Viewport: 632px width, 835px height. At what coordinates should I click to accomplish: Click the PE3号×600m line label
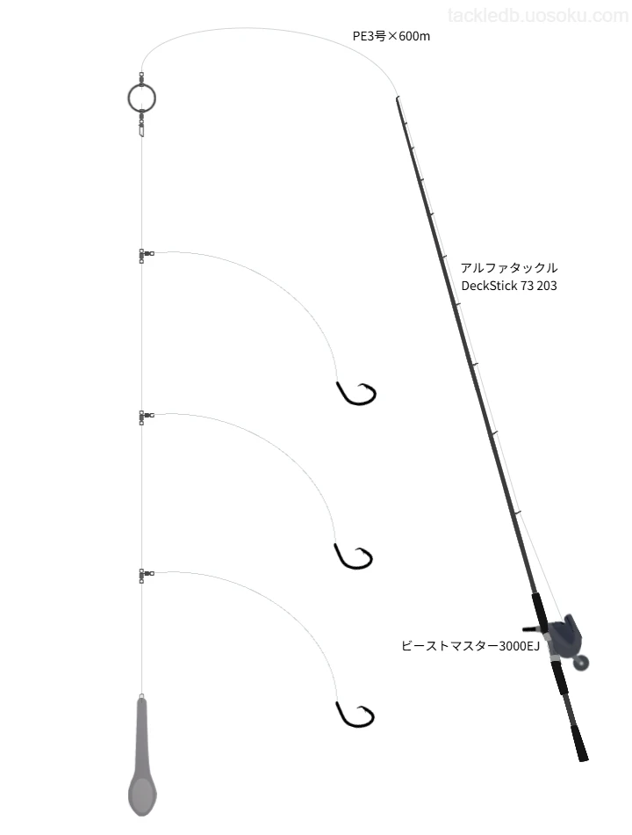point(391,36)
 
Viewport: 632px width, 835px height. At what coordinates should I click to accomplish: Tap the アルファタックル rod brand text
point(509,267)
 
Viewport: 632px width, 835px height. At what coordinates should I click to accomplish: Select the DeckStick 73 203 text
point(509,286)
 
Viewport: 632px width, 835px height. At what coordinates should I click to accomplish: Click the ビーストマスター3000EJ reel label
point(470,646)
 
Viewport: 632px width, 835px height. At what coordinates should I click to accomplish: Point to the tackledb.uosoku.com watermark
point(538,16)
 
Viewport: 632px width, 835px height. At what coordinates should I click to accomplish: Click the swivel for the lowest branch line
point(145,575)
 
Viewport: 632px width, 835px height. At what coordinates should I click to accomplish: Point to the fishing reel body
point(564,635)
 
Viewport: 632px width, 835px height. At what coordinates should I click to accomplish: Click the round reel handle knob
point(583,663)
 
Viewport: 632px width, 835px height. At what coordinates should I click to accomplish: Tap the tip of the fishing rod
point(397,98)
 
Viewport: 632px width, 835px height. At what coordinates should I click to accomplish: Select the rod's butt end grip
point(579,742)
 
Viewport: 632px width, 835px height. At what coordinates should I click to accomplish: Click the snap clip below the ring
point(141,127)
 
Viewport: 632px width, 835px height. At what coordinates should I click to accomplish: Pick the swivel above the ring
point(141,79)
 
